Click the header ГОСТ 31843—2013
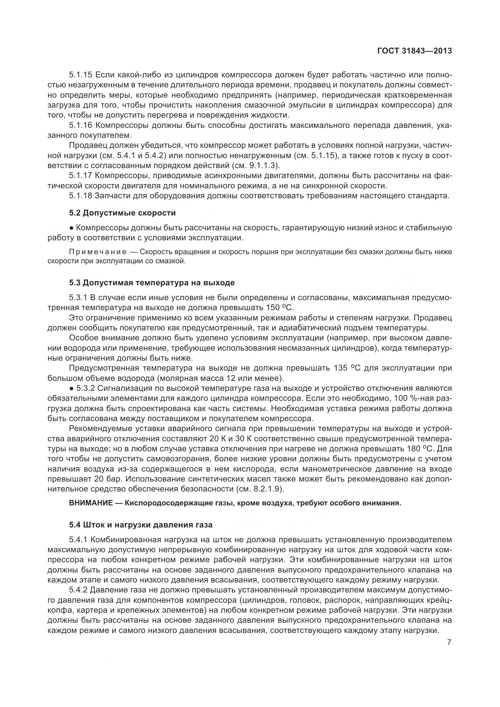click(414, 51)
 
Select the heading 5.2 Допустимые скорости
click(122, 213)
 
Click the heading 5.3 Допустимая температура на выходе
click(152, 282)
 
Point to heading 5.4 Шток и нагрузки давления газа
click(141, 525)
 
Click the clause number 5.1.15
click(81, 75)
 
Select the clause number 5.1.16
click(81, 125)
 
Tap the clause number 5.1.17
click(81, 176)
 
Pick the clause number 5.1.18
click(81, 196)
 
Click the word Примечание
click(98, 252)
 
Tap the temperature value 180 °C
click(419, 448)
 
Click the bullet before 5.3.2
click(71, 388)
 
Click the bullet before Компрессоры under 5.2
click(71, 228)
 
